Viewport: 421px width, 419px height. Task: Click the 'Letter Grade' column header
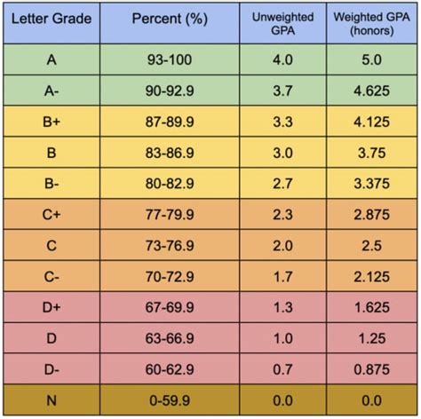click(50, 21)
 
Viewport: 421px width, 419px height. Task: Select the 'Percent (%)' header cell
click(169, 21)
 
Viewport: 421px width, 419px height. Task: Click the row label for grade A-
click(50, 91)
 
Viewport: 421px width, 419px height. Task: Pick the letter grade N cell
click(50, 401)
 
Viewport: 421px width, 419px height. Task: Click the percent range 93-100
click(169, 59)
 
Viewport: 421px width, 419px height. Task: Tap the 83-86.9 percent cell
click(169, 153)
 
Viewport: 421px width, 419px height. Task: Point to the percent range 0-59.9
click(169, 401)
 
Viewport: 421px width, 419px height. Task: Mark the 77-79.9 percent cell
click(169, 215)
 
